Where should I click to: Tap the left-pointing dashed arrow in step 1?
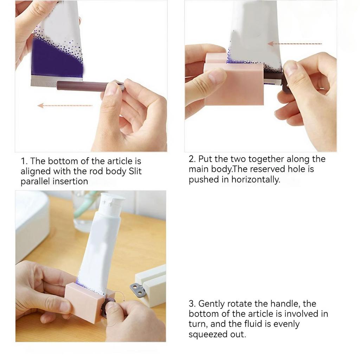[x=65, y=105]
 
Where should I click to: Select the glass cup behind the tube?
[x=83, y=211]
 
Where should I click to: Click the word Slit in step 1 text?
[x=135, y=172]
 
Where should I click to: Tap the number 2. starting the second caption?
[x=192, y=159]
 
